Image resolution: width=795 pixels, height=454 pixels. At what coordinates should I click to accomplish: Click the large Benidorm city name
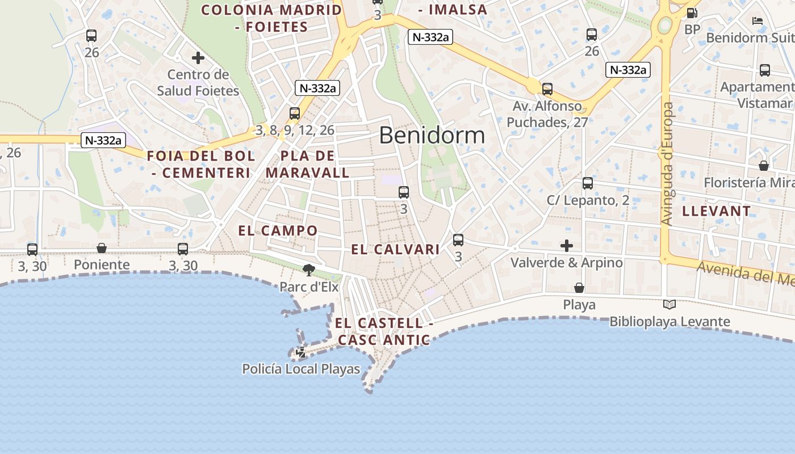pyautogui.click(x=432, y=136)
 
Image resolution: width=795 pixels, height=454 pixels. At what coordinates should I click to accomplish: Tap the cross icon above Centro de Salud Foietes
pyautogui.click(x=198, y=58)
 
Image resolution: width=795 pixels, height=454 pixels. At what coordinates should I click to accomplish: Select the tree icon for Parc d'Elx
pyautogui.click(x=308, y=270)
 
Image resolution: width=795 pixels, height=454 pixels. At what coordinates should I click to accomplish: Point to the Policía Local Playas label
pyautogui.click(x=301, y=369)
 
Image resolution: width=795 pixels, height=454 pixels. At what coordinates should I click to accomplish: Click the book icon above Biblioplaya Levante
pyautogui.click(x=670, y=305)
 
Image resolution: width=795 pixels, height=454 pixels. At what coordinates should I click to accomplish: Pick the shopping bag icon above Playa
pyautogui.click(x=579, y=288)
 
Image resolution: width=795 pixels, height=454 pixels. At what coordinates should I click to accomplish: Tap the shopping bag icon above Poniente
pyautogui.click(x=102, y=248)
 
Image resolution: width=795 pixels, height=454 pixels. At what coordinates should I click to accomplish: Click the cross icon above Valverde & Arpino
pyautogui.click(x=566, y=246)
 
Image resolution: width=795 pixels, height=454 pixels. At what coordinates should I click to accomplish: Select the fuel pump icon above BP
pyautogui.click(x=692, y=12)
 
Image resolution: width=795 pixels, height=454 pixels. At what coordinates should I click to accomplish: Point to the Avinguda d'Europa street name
pyautogui.click(x=668, y=164)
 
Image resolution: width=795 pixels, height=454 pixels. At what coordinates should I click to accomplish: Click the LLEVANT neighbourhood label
pyautogui.click(x=716, y=211)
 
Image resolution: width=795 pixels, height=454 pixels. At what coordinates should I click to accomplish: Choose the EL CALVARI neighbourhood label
pyautogui.click(x=395, y=249)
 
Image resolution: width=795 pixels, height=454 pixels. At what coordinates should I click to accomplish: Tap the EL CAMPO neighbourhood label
pyautogui.click(x=278, y=230)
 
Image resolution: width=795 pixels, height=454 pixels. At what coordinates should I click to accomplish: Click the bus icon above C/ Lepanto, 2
pyautogui.click(x=588, y=183)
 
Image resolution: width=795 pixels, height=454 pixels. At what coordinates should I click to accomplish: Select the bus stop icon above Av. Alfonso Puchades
pyautogui.click(x=547, y=89)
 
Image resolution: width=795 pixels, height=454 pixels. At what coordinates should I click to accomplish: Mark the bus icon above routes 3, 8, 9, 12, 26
pyautogui.click(x=294, y=113)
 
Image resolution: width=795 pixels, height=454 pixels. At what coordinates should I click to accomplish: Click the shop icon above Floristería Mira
pyautogui.click(x=764, y=166)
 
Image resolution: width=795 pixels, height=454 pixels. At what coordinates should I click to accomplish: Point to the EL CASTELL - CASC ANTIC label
pyautogui.click(x=383, y=331)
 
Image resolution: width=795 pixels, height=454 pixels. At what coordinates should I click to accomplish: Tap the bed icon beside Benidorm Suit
pyautogui.click(x=757, y=21)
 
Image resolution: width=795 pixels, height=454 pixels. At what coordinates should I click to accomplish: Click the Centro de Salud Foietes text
pyautogui.click(x=198, y=82)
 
